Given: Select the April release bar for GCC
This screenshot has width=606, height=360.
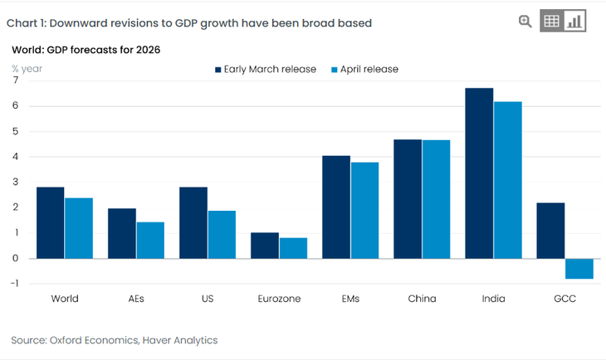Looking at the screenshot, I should pyautogui.click(x=579, y=268).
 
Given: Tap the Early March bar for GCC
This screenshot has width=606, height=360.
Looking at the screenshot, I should pyautogui.click(x=550, y=230).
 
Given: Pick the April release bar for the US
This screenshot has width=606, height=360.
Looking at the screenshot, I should pyautogui.click(x=222, y=234).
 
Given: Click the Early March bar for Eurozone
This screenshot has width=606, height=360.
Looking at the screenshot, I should pyautogui.click(x=265, y=245).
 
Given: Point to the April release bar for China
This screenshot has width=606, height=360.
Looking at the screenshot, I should pyautogui.click(x=436, y=199).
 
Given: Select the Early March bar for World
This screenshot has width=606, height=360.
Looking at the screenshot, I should pyautogui.click(x=51, y=222).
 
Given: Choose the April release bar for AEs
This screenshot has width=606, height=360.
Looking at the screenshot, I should pyautogui.click(x=150, y=240).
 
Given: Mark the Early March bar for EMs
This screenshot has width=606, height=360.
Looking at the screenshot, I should pyautogui.click(x=336, y=207).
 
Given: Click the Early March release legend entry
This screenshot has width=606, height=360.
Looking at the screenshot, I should pyautogui.click(x=265, y=69).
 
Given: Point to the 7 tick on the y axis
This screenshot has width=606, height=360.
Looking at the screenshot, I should pyautogui.click(x=15, y=80).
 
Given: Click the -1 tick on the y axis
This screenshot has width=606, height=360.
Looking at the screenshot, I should pyautogui.click(x=13, y=284).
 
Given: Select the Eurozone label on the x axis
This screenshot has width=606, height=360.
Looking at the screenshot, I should pyautogui.click(x=280, y=299).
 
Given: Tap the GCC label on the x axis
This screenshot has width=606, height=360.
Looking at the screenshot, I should pyautogui.click(x=564, y=299).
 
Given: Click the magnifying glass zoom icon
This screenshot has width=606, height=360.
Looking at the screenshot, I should pyautogui.click(x=525, y=22).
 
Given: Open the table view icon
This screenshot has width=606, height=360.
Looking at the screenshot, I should pyautogui.click(x=552, y=22).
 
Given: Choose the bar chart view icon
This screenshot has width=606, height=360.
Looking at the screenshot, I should pyautogui.click(x=575, y=22).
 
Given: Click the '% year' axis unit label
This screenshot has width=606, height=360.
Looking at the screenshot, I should pyautogui.click(x=27, y=69).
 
